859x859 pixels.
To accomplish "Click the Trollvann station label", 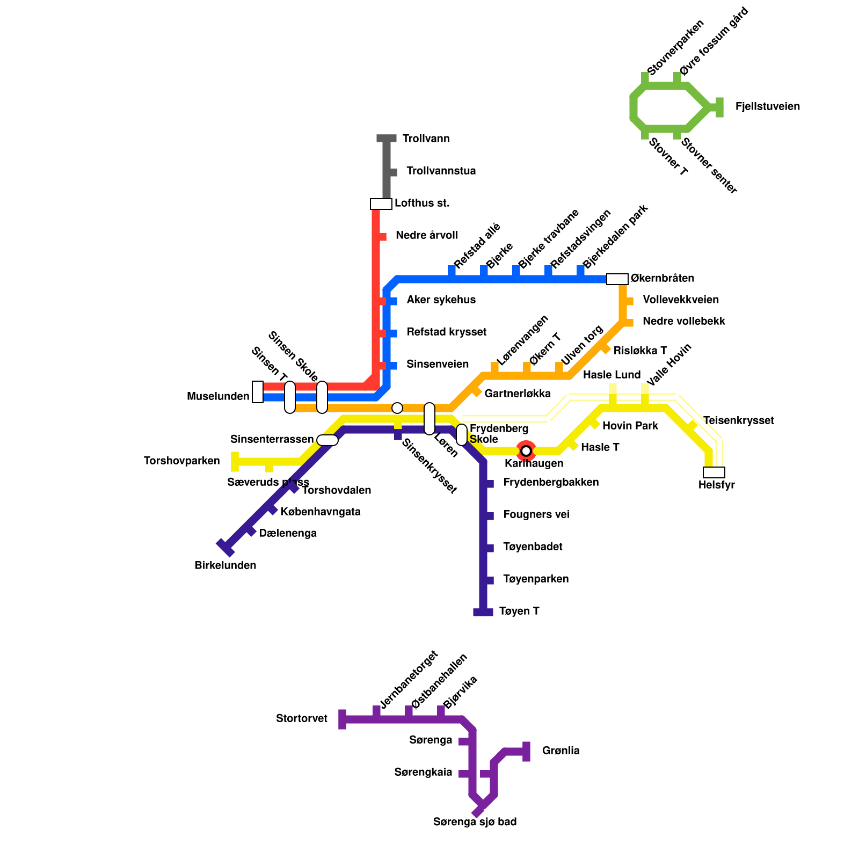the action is (426, 139).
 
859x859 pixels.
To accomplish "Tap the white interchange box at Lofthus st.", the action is (381, 204).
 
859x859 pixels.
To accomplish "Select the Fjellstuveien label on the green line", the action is (767, 107).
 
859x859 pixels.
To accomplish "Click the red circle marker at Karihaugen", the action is (526, 450).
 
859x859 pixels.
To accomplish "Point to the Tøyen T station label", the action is (519, 612).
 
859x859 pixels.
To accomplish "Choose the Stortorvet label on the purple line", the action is (302, 719).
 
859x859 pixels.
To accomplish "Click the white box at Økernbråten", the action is (617, 279).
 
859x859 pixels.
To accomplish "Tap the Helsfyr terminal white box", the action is (714, 472).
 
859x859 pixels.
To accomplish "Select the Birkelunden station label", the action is (225, 566).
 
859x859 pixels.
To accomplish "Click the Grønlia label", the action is (560, 751).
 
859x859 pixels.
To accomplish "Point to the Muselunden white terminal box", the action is (258, 392).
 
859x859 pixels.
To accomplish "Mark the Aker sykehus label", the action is (441, 300).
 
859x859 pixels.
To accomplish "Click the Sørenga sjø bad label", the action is (475, 822).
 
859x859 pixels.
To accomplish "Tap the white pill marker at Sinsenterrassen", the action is (327, 440).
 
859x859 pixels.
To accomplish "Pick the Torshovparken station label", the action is (182, 461).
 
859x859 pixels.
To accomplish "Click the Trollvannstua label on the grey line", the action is (441, 171).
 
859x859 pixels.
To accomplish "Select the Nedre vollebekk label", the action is (683, 322).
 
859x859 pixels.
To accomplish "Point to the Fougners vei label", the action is (536, 515).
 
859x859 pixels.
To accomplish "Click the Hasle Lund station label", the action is (612, 375).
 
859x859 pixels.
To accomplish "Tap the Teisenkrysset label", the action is (738, 421).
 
